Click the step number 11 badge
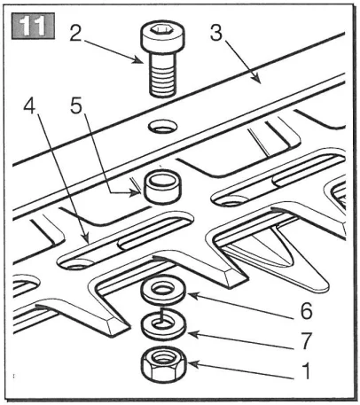click(33, 26)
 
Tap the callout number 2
click(76, 33)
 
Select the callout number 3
click(216, 32)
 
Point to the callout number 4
click(30, 106)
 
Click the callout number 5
click(76, 106)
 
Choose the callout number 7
click(307, 340)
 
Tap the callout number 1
click(307, 371)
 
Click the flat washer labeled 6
click(163, 290)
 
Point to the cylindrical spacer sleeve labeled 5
click(162, 186)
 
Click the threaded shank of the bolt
click(161, 76)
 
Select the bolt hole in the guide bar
click(163, 127)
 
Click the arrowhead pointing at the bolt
click(139, 60)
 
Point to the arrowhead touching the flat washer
click(192, 294)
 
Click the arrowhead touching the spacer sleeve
click(137, 193)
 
